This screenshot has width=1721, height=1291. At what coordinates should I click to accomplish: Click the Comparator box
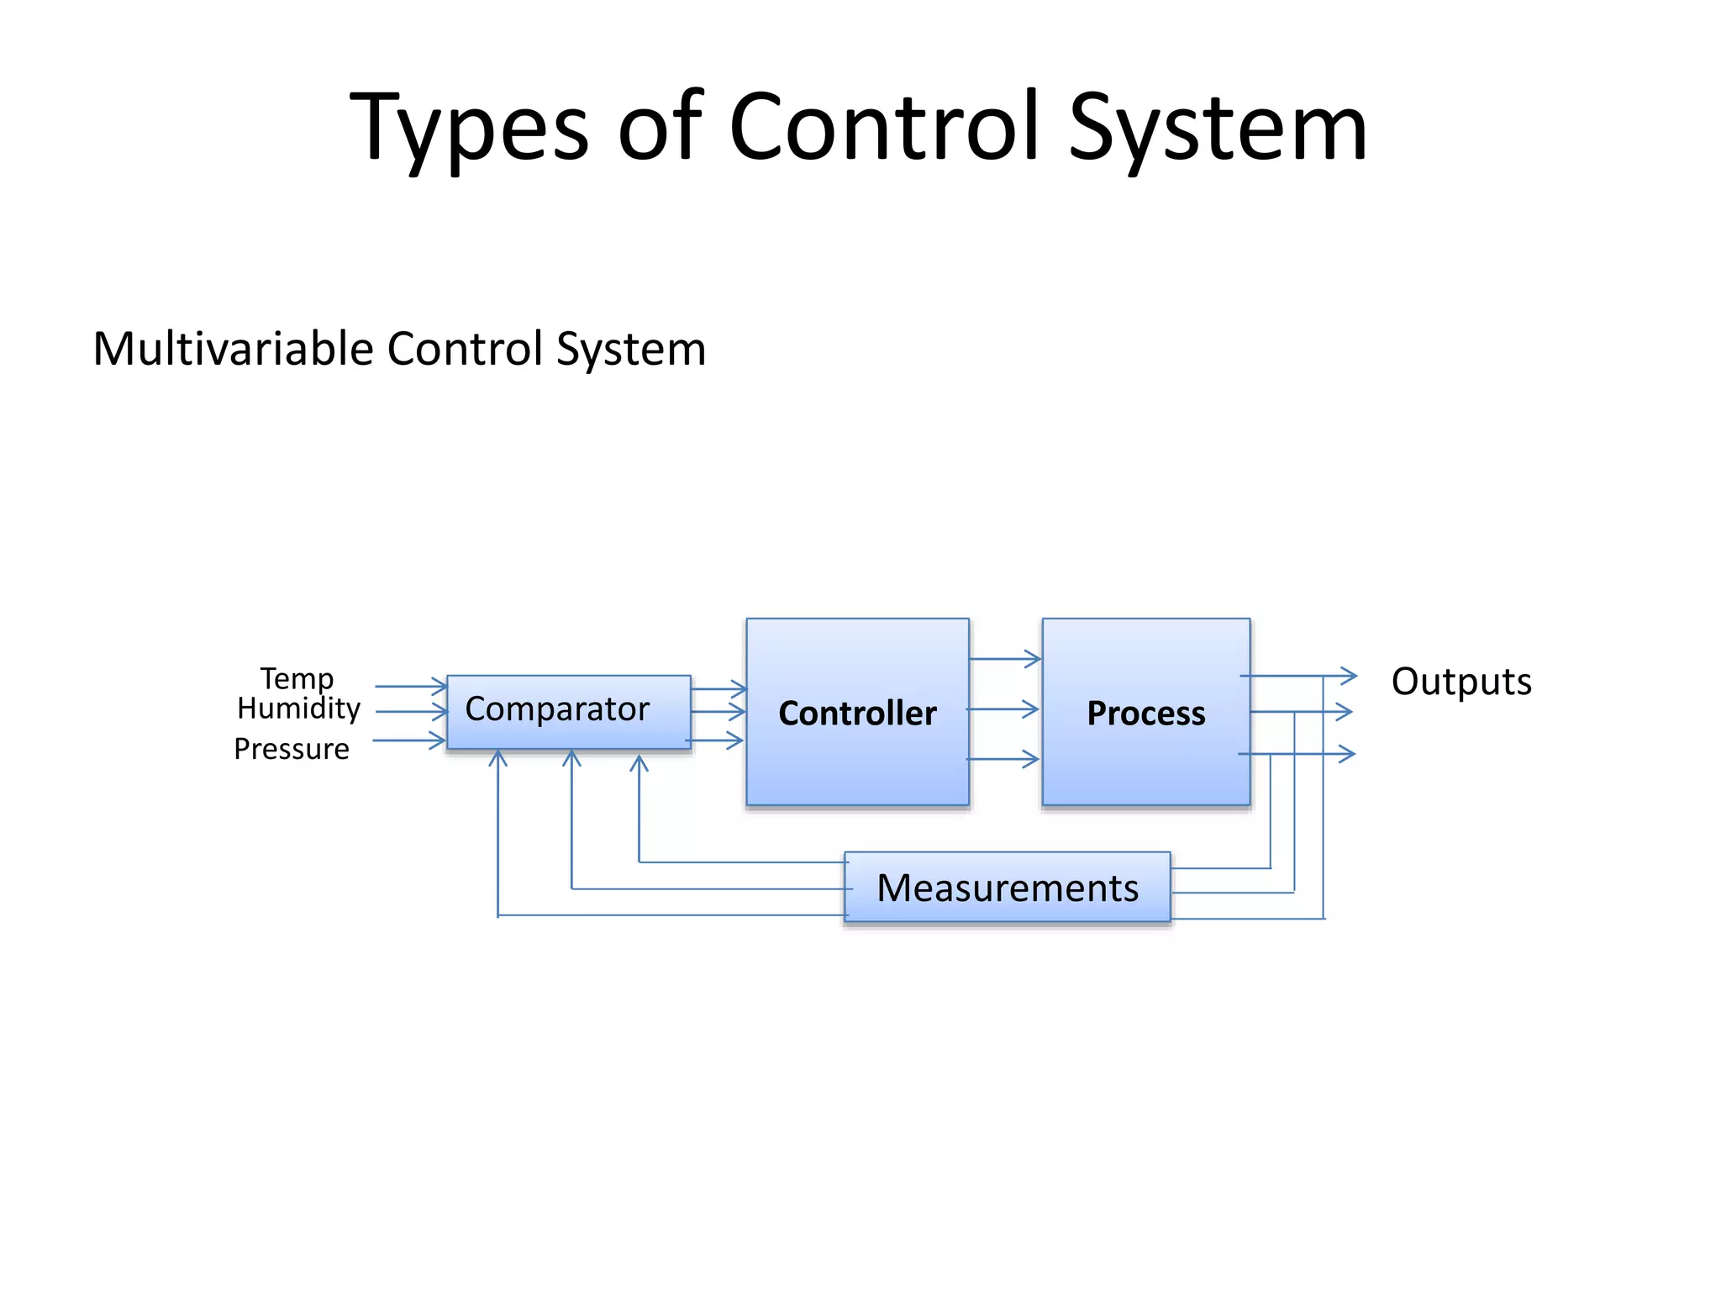point(568,711)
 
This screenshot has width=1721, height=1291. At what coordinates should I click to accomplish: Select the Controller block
point(857,713)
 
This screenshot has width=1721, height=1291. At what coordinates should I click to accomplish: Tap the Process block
point(1145,713)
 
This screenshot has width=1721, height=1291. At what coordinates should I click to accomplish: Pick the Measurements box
point(1007,888)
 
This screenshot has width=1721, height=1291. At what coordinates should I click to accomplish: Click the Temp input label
point(297,678)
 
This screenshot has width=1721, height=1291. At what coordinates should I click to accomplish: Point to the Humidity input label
point(298,709)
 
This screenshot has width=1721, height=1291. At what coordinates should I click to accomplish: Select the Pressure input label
point(292,749)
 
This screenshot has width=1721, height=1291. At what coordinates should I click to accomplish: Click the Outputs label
point(1461,681)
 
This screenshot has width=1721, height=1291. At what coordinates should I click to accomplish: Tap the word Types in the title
point(469,129)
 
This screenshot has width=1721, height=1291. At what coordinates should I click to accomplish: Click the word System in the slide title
point(1218,129)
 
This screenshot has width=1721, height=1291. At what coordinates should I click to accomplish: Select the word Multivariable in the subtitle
point(233,349)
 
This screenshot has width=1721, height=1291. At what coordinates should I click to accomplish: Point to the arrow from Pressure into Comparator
point(408,740)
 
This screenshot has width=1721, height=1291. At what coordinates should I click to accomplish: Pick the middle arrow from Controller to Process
point(1003,709)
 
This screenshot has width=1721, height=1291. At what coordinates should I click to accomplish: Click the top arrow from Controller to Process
point(1005,659)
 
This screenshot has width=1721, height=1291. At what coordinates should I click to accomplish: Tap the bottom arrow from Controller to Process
point(1003,760)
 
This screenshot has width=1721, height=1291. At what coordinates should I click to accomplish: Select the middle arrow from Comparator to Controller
point(718,712)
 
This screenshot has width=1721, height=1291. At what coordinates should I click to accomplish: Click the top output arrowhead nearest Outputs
point(1348,676)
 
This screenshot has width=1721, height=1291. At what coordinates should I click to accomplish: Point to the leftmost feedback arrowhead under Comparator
point(498,758)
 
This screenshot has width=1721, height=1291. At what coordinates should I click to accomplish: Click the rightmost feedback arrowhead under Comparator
point(639,763)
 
